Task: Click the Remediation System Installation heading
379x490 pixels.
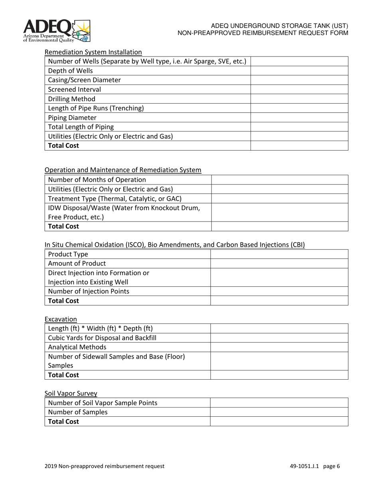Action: coord(93,52)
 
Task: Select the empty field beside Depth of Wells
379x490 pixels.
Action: coord(299,71)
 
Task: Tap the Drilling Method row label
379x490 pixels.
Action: coord(72,99)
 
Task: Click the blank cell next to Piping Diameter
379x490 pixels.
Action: coord(299,118)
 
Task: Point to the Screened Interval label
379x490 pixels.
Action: coord(75,89)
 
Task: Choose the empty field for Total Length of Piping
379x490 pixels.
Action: coord(299,127)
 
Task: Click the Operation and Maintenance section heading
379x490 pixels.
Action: coord(123,170)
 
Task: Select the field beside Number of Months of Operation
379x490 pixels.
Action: coord(279,180)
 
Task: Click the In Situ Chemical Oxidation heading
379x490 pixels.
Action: coord(174,245)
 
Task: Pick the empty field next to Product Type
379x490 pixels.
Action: coord(279,255)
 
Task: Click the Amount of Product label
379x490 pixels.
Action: coord(77,263)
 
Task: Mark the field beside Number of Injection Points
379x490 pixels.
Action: coord(279,291)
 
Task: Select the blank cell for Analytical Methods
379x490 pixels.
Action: coord(279,347)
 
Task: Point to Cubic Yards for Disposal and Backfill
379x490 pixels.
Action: coord(102,338)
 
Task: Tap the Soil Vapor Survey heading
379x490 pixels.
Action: coord(71,393)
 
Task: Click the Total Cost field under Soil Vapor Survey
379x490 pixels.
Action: coord(279,421)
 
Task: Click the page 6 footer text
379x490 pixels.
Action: coord(315,466)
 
